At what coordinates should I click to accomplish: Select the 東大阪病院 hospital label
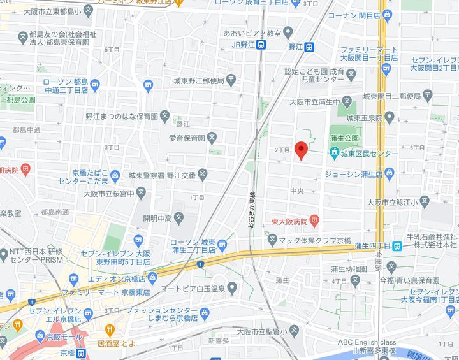tap(290, 221)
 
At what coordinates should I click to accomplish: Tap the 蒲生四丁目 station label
tap(372, 246)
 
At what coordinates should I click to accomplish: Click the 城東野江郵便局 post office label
tap(199, 81)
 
